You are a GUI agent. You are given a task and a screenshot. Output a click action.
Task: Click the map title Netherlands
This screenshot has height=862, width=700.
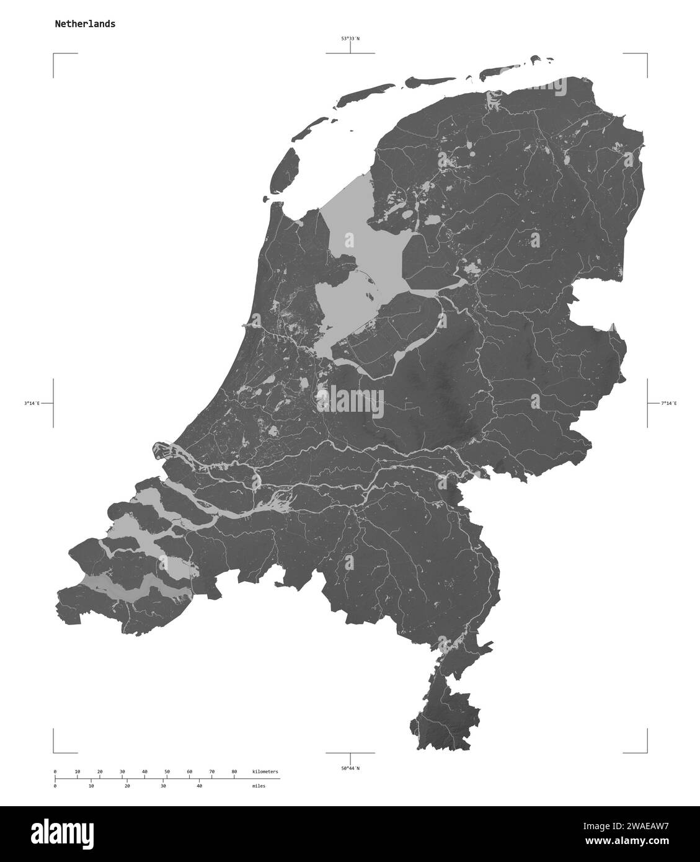coord(84,24)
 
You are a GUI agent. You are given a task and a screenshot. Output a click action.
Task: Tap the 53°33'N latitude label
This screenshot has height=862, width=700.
coord(350,38)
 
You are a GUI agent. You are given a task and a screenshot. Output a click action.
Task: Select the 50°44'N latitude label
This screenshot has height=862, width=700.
coord(350,768)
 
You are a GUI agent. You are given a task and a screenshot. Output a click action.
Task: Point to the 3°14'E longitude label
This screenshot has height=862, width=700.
coord(32,403)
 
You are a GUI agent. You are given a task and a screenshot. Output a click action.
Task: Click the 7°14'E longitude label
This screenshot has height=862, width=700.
coord(668,403)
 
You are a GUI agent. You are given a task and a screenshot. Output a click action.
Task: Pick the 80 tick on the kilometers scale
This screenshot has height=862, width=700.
coord(234,771)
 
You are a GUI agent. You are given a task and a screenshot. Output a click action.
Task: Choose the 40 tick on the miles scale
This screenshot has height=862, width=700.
coord(199,786)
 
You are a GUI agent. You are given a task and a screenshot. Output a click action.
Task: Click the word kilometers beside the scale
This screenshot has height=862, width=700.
coord(265,771)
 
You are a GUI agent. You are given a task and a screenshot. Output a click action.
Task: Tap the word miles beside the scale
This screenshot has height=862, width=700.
coord(259,786)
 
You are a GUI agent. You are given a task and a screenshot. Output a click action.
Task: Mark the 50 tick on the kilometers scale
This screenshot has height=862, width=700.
coord(167,771)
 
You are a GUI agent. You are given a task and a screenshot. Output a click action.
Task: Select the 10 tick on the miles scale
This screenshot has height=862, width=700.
coord(91,786)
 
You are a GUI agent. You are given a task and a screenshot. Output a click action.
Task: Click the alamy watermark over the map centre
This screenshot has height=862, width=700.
coord(350,398)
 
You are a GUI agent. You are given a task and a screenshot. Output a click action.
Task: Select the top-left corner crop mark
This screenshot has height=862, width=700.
coord(54,55)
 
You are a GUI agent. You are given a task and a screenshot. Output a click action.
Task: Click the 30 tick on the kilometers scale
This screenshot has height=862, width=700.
coord(122,771)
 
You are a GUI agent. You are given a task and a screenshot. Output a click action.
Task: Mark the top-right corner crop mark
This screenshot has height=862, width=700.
coord(647,55)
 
